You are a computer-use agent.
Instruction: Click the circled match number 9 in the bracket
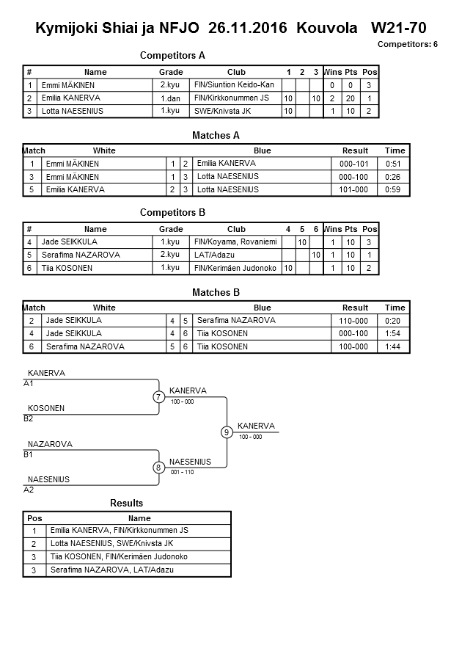[227, 432]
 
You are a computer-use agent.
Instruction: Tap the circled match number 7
[158, 397]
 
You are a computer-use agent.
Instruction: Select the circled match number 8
[158, 468]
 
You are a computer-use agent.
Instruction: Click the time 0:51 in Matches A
[395, 164]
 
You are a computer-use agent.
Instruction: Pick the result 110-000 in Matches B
[355, 321]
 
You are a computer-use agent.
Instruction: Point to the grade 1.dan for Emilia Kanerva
[170, 98]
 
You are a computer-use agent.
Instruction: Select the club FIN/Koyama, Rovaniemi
[235, 241]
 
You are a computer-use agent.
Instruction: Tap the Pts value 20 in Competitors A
[351, 98]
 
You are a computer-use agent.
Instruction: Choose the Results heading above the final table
[126, 503]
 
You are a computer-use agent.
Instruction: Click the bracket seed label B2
[29, 419]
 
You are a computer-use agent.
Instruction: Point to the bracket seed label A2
[29, 490]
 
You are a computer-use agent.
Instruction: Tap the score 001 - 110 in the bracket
[181, 472]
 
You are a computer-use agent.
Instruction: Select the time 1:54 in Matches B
[395, 333]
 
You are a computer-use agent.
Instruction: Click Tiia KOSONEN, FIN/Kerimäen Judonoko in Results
[119, 556]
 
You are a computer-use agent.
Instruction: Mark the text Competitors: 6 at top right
[407, 44]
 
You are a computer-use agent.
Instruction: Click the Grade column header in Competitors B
[170, 229]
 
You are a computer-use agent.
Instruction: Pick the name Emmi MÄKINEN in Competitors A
[72, 85]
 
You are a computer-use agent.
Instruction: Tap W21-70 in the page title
[398, 28]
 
